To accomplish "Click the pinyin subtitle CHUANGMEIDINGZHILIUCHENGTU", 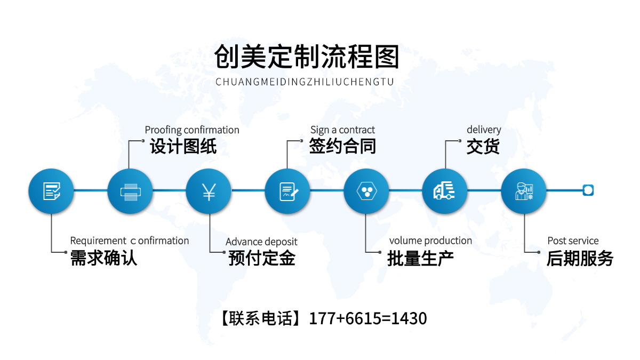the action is [305, 82].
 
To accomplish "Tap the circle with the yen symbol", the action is [209, 191].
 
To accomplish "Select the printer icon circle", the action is [130, 191].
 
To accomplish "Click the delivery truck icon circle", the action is [445, 191].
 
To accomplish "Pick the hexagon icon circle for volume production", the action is [366, 191].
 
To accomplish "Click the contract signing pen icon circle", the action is [287, 191].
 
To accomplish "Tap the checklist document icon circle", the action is [51, 191].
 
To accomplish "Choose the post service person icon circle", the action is [523, 191].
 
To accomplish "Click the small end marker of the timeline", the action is [588, 190].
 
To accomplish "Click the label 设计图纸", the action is [183, 147].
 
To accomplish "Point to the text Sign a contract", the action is [342, 130].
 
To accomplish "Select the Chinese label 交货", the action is [483, 147].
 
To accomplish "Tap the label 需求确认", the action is [103, 259].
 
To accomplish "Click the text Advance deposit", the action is [261, 242].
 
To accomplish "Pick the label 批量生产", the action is [420, 259].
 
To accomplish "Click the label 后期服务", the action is [580, 259].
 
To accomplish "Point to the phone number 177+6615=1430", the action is [368, 319].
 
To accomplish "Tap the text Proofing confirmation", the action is [192, 130].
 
